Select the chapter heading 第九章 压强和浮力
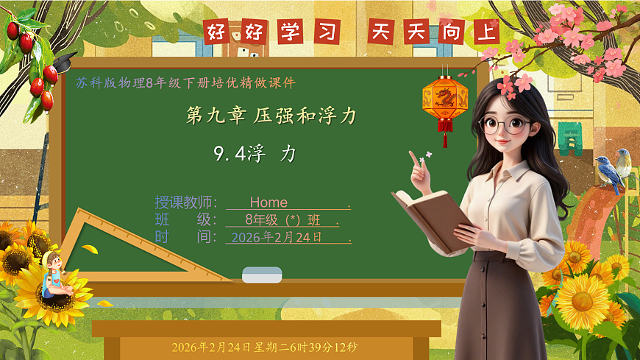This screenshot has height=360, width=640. point(271,116)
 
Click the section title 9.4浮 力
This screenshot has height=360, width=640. point(255,154)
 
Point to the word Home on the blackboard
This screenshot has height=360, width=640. point(269,202)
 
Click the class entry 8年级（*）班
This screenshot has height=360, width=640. point(282,220)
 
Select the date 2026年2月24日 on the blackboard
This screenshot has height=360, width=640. point(277,238)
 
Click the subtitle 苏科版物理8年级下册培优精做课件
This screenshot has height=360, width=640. point(185,83)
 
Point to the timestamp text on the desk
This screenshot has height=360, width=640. point(264,347)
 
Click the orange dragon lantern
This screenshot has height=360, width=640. point(444,99)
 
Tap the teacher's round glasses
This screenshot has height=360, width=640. point(505,124)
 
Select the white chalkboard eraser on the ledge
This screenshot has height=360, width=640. point(262,275)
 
